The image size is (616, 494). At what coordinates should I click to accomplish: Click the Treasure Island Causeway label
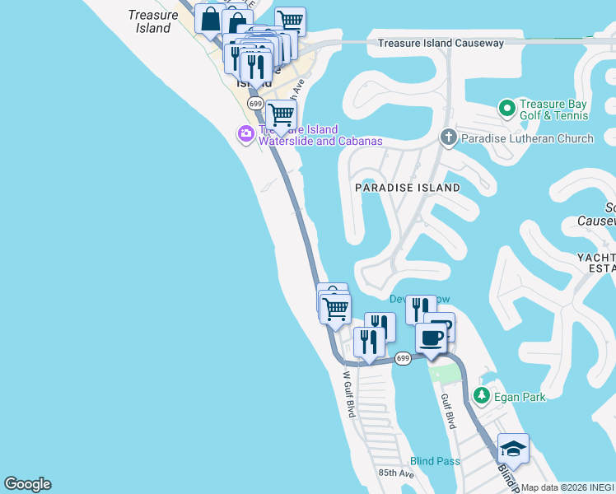(441, 44)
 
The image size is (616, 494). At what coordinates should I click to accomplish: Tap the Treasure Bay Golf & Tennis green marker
(506, 107)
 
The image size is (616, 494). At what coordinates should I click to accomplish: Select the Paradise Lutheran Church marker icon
(449, 137)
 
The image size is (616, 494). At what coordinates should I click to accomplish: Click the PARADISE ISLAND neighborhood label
(407, 188)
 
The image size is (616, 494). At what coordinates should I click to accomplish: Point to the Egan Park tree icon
(483, 397)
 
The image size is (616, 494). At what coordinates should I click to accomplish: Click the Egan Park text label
(520, 397)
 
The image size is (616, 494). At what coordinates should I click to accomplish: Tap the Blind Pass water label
(435, 461)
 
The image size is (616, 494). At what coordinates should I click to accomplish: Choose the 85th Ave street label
(396, 473)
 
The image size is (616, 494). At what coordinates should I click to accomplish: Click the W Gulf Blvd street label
(348, 394)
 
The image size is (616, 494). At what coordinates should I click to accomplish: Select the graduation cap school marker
(513, 448)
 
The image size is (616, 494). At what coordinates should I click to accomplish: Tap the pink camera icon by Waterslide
(245, 134)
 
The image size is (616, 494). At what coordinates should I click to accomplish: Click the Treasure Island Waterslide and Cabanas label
(320, 135)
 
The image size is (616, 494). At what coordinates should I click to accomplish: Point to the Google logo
(27, 484)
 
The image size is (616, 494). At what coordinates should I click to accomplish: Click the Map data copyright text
(568, 487)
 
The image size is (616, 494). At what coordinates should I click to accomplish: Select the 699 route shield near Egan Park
(402, 358)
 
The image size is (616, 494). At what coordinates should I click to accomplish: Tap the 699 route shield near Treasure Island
(255, 104)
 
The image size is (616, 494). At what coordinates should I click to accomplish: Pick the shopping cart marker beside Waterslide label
(281, 116)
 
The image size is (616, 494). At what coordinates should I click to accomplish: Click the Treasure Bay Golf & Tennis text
(556, 110)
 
